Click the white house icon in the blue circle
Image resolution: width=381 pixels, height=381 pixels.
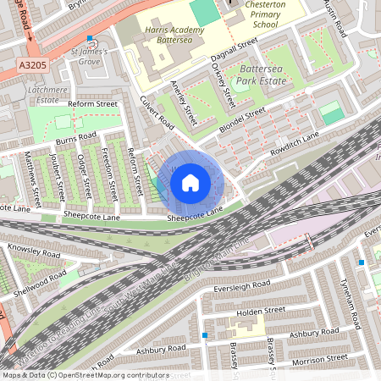click(x=190, y=182)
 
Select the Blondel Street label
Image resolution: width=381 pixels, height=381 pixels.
click(x=251, y=118)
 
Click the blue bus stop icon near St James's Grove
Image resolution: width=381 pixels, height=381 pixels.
click(x=90, y=38)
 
